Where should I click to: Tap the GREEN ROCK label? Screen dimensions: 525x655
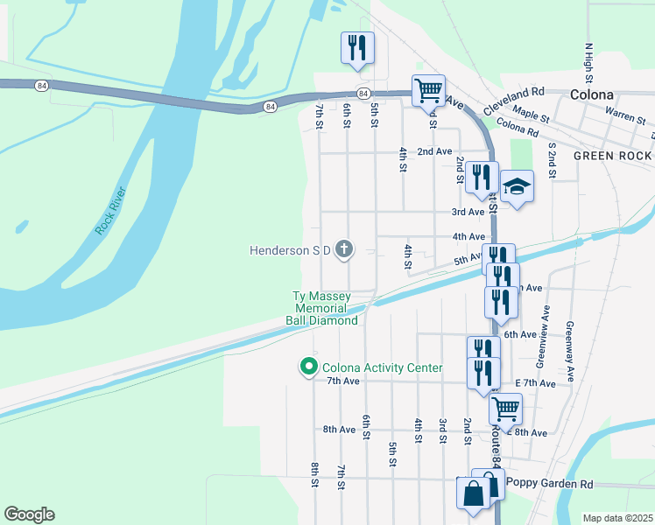coord(612,155)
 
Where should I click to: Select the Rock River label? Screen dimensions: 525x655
coord(111,211)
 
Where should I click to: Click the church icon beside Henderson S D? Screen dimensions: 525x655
coord(345,250)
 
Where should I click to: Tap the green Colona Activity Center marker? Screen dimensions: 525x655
coord(308,367)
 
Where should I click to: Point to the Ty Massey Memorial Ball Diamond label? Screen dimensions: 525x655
coord(322,309)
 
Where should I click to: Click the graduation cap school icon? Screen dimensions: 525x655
coord(518,186)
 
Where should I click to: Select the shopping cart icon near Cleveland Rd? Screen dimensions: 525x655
coord(428,90)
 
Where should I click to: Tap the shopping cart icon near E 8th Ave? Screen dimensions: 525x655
coord(505,408)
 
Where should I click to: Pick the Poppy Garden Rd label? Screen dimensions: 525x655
coord(550,484)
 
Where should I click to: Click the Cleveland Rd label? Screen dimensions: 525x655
coord(520,91)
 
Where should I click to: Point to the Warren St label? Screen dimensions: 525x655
coord(624,114)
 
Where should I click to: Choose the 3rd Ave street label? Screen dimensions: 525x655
coord(468,212)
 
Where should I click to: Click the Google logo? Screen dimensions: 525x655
coord(29,514)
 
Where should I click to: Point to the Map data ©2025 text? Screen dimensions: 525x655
coord(617,518)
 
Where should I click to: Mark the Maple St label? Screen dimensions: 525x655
coord(531,113)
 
